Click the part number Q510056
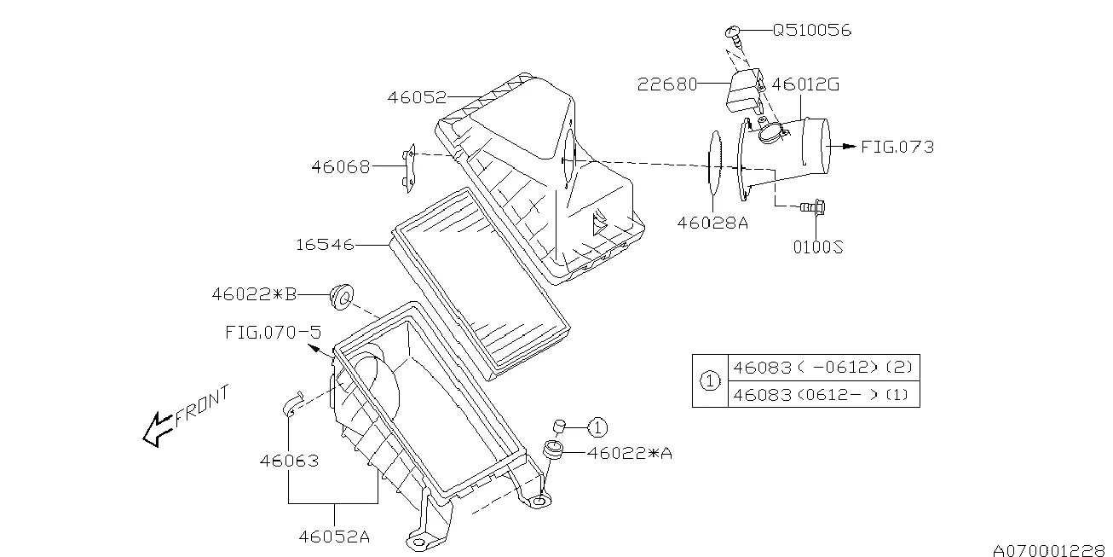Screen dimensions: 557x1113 coord(811,31)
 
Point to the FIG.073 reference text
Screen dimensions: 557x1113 coord(897,147)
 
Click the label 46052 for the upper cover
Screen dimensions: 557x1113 coord(417,97)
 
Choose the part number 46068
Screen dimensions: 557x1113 coord(340,167)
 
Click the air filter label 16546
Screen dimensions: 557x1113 coord(325,246)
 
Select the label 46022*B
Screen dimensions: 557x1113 coord(254,294)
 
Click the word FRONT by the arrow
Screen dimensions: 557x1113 coord(202,406)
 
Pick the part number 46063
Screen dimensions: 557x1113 coord(289,461)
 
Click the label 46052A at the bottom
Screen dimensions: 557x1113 coord(334,537)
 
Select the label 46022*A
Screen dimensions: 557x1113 coord(630,454)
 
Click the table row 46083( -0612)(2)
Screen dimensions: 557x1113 coord(822,368)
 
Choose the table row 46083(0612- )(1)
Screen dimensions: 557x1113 coord(822,394)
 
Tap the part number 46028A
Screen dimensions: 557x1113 coord(712,223)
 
